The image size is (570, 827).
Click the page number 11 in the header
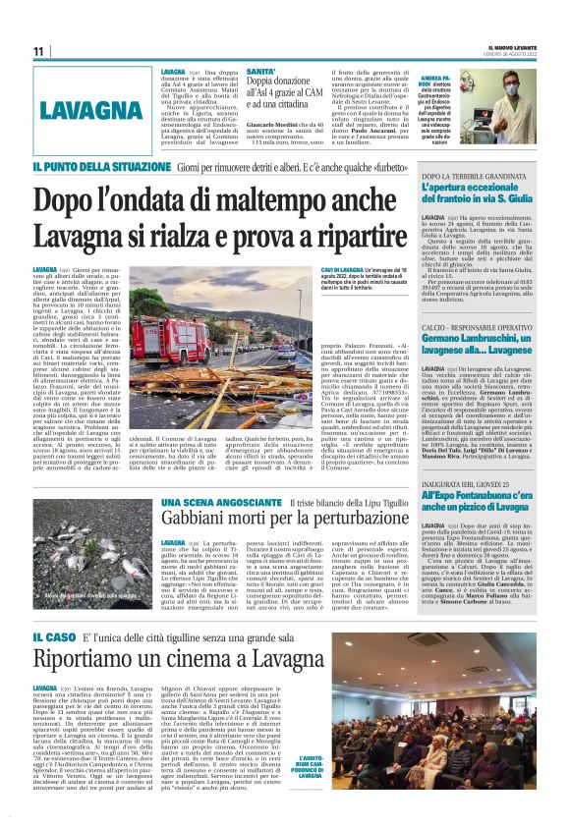pyautogui.click(x=39, y=51)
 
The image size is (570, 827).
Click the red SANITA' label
pyautogui.click(x=261, y=73)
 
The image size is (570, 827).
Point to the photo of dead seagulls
pyautogui.click(x=94, y=540)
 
